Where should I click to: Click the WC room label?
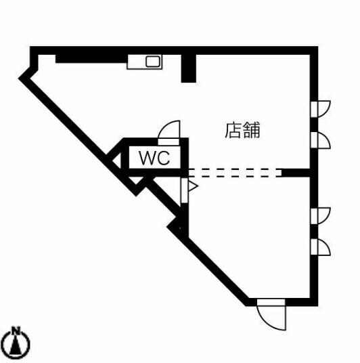(154, 158)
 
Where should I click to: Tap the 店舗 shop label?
(243, 130)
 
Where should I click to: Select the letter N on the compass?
(16, 329)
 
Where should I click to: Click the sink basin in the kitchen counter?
(153, 62)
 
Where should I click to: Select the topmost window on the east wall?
(321, 109)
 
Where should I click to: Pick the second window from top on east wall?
(321, 140)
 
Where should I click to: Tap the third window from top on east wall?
(321, 216)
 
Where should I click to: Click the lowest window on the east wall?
(321, 247)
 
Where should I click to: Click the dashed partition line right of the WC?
(235, 173)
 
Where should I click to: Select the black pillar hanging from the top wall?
(189, 68)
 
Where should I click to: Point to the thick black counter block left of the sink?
(91, 58)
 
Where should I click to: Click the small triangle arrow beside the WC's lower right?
(193, 186)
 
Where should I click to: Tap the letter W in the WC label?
(147, 158)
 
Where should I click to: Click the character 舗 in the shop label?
(252, 130)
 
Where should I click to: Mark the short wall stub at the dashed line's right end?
(296, 173)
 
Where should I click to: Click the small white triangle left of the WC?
(117, 161)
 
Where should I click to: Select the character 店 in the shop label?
(233, 130)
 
